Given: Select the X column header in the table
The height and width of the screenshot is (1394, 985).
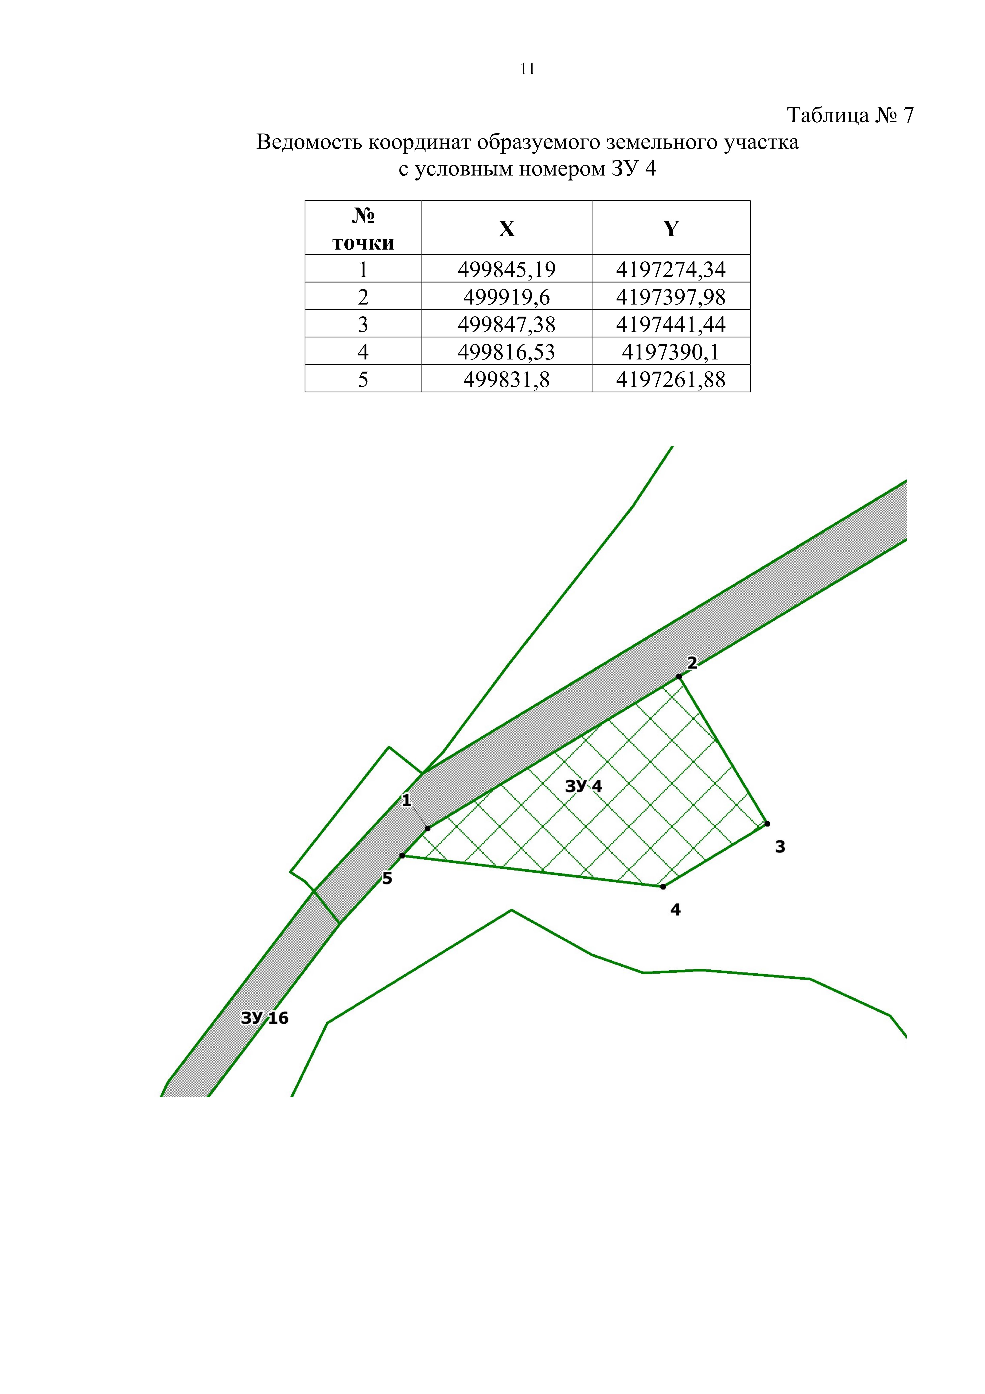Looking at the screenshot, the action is click(507, 228).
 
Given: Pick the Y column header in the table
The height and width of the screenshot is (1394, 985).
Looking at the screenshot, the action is click(671, 228).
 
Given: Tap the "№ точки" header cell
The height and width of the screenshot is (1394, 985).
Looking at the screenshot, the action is click(363, 228).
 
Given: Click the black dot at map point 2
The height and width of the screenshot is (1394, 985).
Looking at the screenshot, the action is click(679, 676).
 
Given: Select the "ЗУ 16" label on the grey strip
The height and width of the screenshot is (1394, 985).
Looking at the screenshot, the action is click(265, 1018).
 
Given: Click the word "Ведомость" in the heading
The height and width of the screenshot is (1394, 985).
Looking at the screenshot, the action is click(310, 143).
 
